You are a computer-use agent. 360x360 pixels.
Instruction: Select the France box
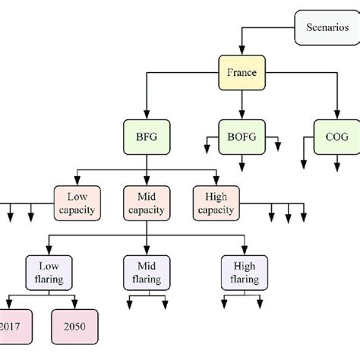pyautogui.click(x=242, y=74)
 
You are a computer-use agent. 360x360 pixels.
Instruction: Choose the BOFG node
pyautogui.click(x=242, y=139)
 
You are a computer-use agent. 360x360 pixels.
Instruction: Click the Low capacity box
pyautogui.click(x=74, y=202)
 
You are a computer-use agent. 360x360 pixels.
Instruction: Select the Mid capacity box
pyautogui.click(x=146, y=202)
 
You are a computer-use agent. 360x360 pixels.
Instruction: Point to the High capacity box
pyautogui.click(x=216, y=202)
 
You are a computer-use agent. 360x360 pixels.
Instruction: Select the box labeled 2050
pyautogui.click(x=74, y=327)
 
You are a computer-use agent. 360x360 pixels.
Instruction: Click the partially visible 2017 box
pyautogui.click(x=11, y=327)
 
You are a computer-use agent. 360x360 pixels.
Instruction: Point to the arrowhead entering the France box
pyautogui.click(x=242, y=53)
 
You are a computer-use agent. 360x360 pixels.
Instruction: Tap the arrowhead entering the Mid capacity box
pyautogui.click(x=146, y=182)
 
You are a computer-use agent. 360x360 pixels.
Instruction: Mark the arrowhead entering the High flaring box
pyautogui.click(x=245, y=251)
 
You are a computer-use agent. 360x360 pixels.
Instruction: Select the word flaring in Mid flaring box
pyautogui.click(x=146, y=279)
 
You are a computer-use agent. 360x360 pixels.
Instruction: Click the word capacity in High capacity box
pyautogui.click(x=216, y=209)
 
